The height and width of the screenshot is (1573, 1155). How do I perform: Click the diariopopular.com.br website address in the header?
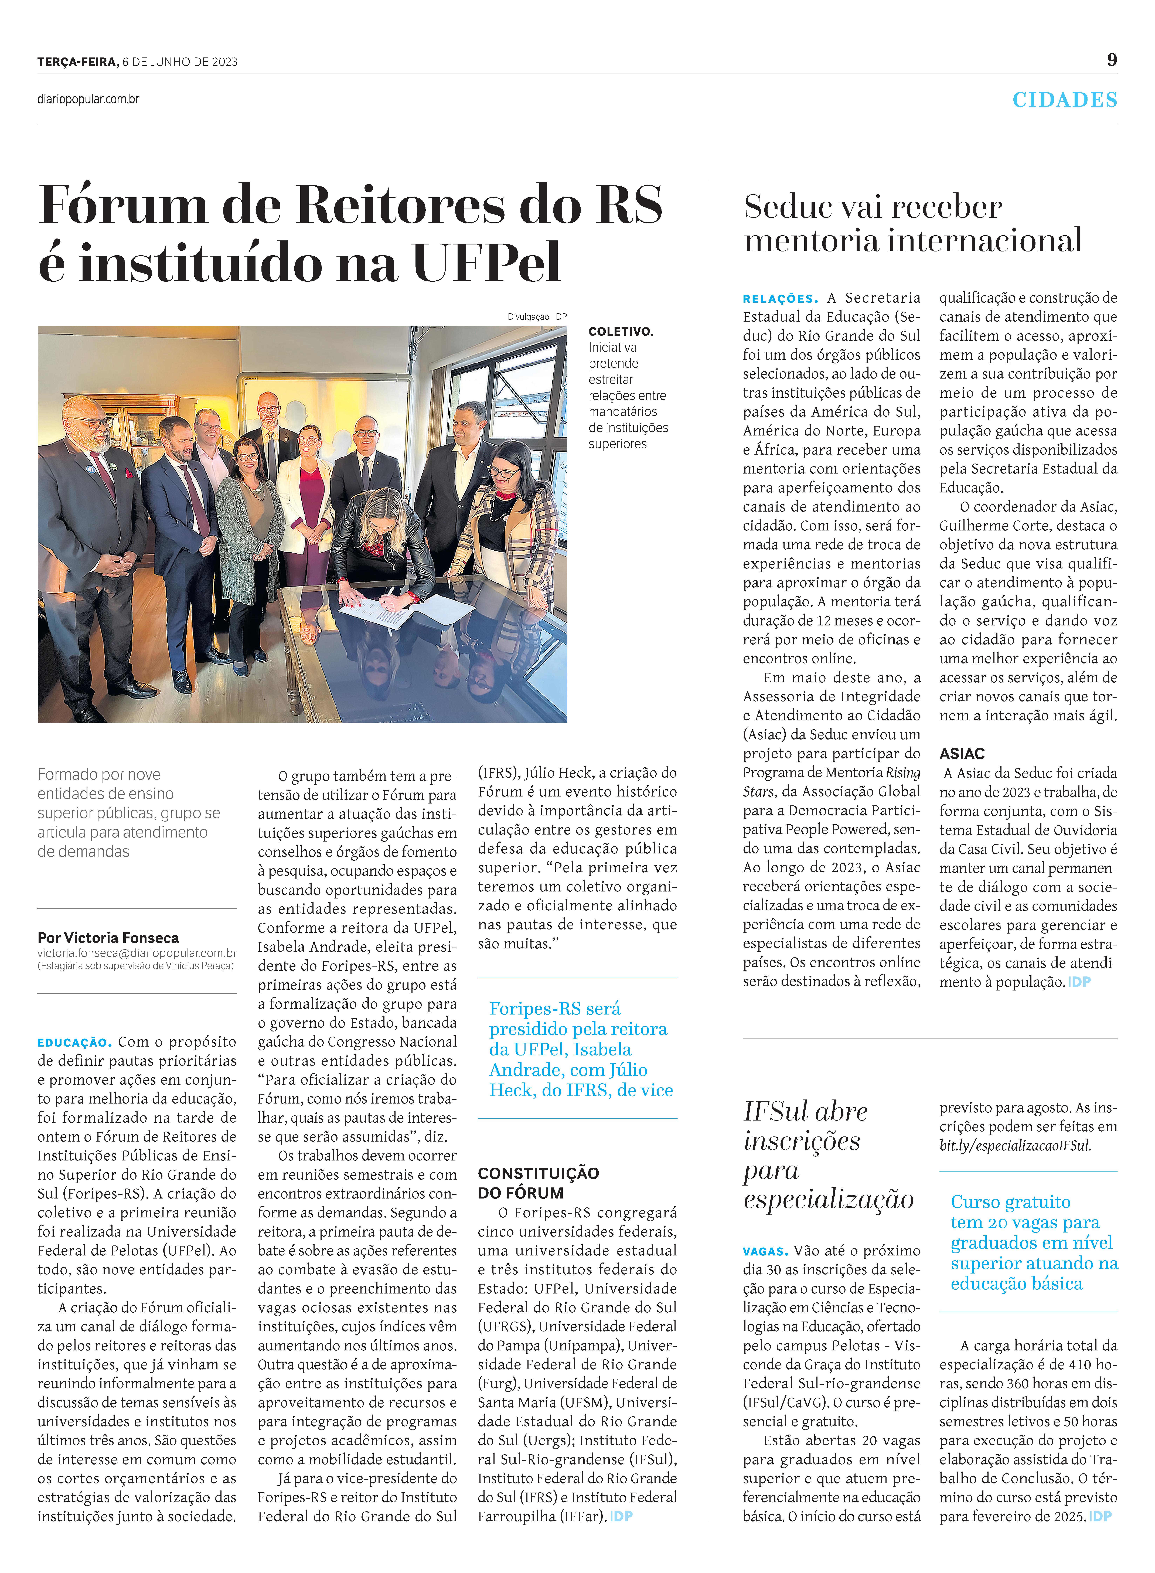pyautogui.click(x=88, y=99)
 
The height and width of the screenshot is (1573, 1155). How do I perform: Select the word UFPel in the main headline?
pyautogui.click(x=487, y=263)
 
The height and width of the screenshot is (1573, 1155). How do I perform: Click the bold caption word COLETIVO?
pyautogui.click(x=620, y=331)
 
